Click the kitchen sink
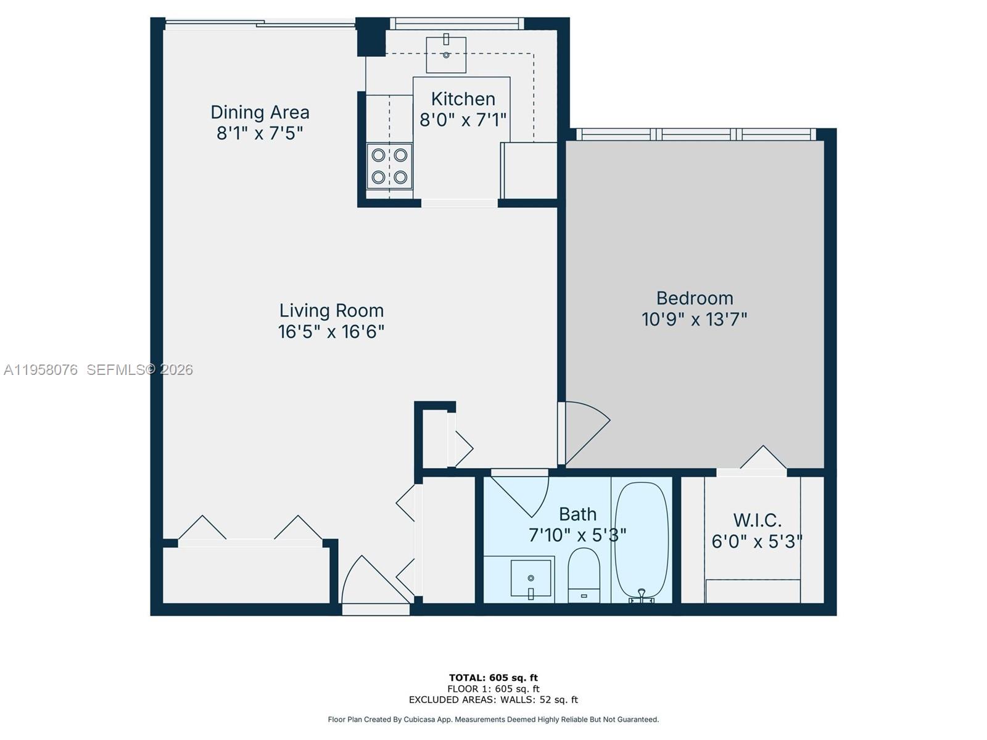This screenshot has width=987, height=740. click(x=445, y=54)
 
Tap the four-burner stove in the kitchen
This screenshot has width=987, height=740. click(x=389, y=166)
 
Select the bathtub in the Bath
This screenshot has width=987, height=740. click(x=642, y=540)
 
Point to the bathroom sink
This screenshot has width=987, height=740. click(x=531, y=578)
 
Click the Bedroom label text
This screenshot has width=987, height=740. click(x=695, y=298)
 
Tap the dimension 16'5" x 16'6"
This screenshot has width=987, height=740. click(x=331, y=332)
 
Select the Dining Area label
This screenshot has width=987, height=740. click(x=260, y=112)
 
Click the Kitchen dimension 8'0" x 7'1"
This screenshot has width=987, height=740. click(x=463, y=120)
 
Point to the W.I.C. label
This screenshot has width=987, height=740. click(x=757, y=520)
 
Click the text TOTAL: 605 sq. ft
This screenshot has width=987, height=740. click(x=493, y=678)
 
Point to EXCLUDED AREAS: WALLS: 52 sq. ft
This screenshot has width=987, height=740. click(x=493, y=699)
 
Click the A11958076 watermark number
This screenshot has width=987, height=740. click(x=41, y=369)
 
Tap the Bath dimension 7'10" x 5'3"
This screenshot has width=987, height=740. click(x=577, y=535)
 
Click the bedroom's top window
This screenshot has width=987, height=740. click(x=696, y=134)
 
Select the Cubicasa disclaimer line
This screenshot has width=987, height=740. click(x=493, y=719)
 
